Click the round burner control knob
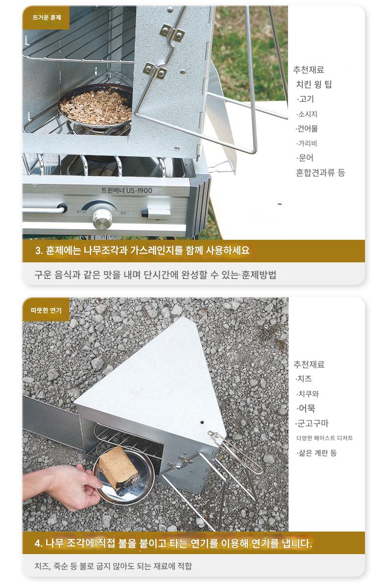pos(102,219)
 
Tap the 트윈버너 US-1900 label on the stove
pos(127,190)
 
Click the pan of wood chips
pos(96,107)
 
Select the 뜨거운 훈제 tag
pos(46,17)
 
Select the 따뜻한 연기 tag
pos(46,310)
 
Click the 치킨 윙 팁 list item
pos(314,84)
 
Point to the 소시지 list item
pos(307,114)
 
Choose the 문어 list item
pos(305,158)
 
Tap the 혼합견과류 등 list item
pos(320,173)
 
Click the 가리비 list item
pos(307,143)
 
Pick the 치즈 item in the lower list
pos(304,379)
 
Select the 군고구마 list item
pos(313,423)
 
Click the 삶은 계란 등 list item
pos(316,453)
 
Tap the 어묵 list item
pos(306,408)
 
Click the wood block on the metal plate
pos(119,467)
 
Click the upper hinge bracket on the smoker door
pos(171,32)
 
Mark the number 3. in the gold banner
pos(39,251)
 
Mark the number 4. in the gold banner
pos(39,543)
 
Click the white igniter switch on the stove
pos(156,214)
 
